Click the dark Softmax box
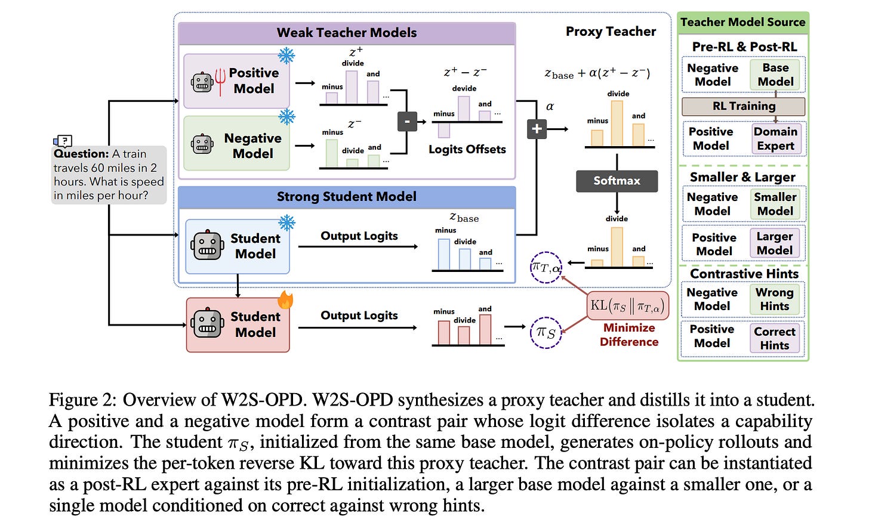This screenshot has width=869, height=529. [617, 181]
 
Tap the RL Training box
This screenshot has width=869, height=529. [743, 106]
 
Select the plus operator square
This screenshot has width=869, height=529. [537, 129]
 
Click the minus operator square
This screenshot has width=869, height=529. [407, 121]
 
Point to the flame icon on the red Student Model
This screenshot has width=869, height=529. [285, 299]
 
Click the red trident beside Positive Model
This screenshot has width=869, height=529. [220, 81]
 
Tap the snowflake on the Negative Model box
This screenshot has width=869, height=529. [286, 117]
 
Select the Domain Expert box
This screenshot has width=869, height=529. [775, 139]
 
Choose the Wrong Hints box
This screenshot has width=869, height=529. [774, 299]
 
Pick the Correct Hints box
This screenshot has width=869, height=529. [774, 338]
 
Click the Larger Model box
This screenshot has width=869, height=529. [774, 243]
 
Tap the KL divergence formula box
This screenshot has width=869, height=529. [628, 306]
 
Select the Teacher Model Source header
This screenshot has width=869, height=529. [743, 23]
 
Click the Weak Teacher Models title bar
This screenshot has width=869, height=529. [347, 33]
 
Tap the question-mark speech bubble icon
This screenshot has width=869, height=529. [63, 141]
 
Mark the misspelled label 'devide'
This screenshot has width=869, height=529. [464, 88]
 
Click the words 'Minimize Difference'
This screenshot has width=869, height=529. [629, 335]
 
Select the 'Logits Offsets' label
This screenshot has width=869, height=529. [467, 150]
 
